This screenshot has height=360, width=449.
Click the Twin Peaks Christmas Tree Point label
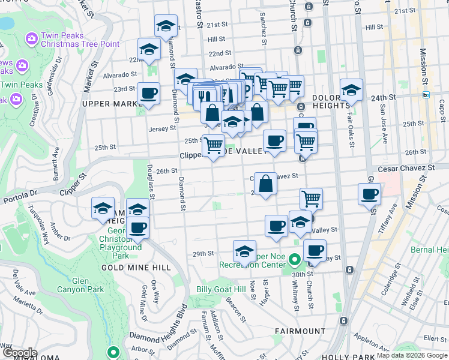pyautogui.click(x=80, y=40)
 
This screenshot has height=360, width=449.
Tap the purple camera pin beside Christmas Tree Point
pyautogui.click(x=31, y=39)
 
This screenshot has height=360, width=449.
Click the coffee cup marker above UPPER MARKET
pyautogui.click(x=148, y=94)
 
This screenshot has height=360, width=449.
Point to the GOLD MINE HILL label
pyautogui.click(x=128, y=268)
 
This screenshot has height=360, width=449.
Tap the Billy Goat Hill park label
pyautogui.click(x=221, y=289)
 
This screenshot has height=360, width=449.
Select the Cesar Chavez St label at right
pyautogui.click(x=405, y=168)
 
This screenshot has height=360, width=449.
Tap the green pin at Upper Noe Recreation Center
pyautogui.click(x=294, y=260)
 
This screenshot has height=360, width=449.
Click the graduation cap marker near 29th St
pyautogui.click(x=244, y=251)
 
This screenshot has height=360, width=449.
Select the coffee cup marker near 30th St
pyautogui.click(x=315, y=250)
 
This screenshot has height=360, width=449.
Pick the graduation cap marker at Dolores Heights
pyautogui.click(x=351, y=90)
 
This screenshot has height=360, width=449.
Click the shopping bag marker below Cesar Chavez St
pyautogui.click(x=265, y=184)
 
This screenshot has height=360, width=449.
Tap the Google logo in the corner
pyautogui.click(x=19, y=353)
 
